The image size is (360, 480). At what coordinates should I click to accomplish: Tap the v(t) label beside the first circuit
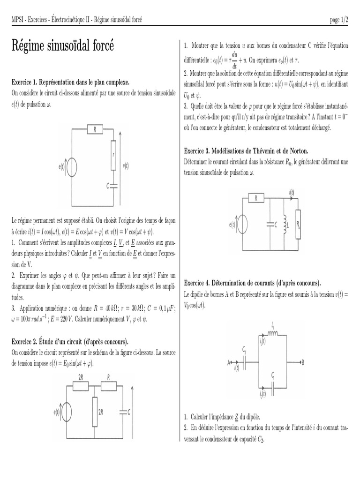(x=126, y=165)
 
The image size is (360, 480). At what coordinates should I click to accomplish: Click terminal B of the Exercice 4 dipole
(x=302, y=362)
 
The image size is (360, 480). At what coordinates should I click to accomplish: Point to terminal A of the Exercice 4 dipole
(x=229, y=362)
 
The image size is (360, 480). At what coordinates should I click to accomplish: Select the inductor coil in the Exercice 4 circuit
(x=272, y=333)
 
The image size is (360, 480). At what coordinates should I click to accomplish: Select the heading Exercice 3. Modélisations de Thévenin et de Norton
(x=246, y=151)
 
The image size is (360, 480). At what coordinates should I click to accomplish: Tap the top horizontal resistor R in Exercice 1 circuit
(x=94, y=130)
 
